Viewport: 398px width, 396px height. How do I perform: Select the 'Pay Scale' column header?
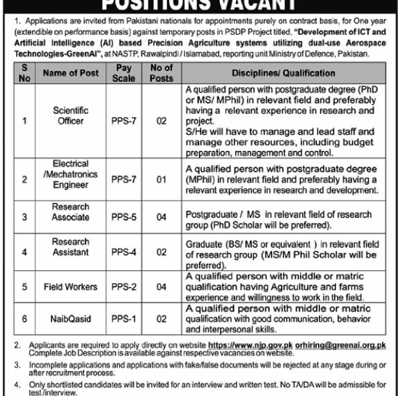(124, 73)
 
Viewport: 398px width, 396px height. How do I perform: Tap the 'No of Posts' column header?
(161, 73)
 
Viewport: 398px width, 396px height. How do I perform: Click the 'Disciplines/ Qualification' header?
(284, 73)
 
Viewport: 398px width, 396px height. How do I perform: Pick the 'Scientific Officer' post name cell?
(70, 116)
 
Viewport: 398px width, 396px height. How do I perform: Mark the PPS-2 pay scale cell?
(124, 286)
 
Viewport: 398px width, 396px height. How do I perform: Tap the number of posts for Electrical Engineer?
(161, 179)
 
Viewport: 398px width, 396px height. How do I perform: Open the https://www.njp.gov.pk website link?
(246, 345)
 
